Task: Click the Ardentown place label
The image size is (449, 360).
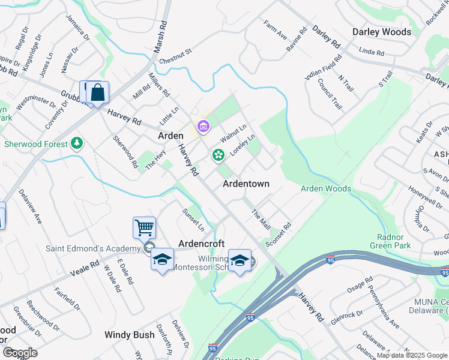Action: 246,184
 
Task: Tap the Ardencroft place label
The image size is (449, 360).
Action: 202,244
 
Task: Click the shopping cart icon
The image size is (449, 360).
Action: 144,227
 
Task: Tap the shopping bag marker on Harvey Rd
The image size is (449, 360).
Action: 97,92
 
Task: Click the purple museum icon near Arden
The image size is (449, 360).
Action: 203,126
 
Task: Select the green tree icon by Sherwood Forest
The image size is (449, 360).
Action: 76,143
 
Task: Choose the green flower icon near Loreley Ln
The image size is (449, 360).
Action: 218,155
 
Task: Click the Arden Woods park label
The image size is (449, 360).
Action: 325,188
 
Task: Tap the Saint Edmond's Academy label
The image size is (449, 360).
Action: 93,248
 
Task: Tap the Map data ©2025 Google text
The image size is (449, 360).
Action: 412,355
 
